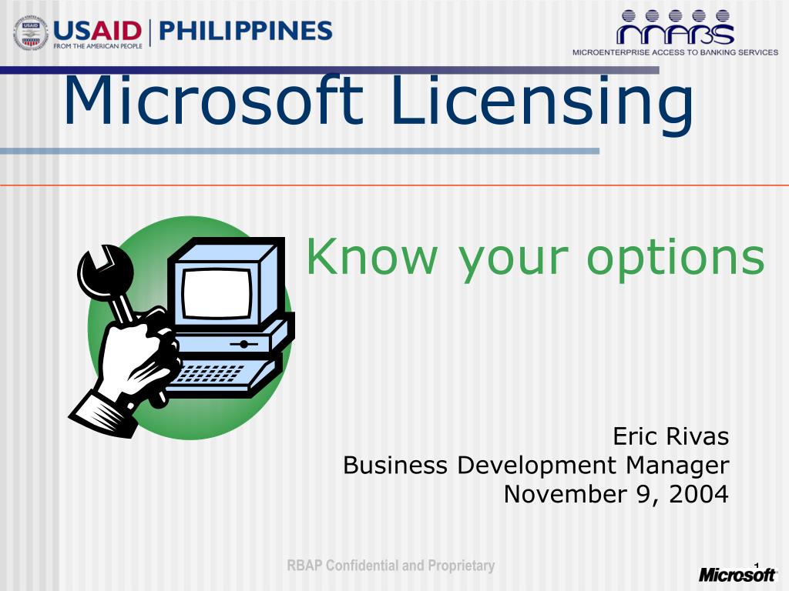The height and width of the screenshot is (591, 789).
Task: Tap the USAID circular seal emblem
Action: [31, 33]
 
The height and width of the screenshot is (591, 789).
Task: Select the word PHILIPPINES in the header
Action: [246, 31]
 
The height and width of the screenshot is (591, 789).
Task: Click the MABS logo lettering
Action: [674, 33]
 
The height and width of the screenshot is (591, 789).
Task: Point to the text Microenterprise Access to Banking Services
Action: [675, 52]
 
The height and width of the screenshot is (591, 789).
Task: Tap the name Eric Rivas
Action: [670, 437]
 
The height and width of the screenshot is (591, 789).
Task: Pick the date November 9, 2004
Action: [616, 494]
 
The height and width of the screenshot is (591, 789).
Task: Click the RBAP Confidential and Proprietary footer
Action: [391, 566]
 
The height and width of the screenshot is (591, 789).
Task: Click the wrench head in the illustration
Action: [103, 265]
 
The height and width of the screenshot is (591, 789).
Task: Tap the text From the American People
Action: [96, 46]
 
